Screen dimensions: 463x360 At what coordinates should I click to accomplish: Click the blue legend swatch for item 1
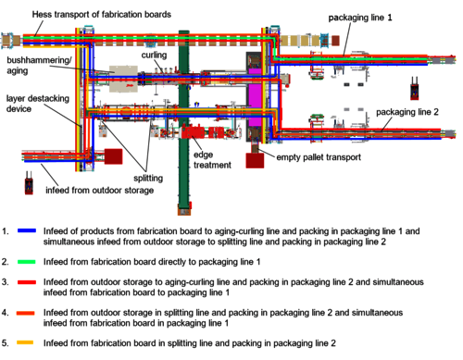tap(27, 230)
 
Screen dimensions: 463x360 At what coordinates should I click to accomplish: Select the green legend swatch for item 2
tap(27, 262)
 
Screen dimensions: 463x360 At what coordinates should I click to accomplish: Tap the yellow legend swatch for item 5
tap(25, 342)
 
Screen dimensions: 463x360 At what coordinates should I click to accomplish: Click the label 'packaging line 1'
tap(360, 18)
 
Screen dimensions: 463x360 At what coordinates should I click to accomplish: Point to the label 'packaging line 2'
tap(407, 112)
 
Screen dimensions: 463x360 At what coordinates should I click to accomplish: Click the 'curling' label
tap(154, 55)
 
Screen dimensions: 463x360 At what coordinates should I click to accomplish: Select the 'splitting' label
tap(148, 179)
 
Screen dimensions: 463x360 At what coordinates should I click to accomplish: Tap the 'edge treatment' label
tap(212, 160)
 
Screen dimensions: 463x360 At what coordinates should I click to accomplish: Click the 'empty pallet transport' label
tap(319, 157)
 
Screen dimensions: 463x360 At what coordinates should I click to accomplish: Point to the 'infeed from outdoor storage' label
tap(100, 191)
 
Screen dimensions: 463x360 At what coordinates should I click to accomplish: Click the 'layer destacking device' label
tap(38, 104)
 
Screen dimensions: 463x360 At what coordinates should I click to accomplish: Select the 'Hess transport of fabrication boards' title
tap(102, 15)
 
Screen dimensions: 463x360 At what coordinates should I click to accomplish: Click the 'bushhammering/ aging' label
tap(39, 65)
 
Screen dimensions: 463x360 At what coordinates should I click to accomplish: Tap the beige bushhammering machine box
tap(123, 79)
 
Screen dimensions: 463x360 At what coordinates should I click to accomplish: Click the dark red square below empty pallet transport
tap(255, 161)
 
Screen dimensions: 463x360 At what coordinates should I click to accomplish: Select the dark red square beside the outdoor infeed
tap(114, 156)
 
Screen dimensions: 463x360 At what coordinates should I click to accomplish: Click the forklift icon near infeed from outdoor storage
tap(29, 183)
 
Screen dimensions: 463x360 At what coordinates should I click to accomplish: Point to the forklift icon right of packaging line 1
tap(415, 88)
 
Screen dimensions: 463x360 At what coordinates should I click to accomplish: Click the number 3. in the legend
tap(6, 282)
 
